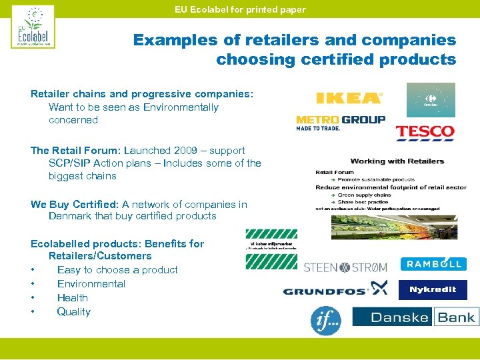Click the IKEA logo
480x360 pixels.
coord(349,98)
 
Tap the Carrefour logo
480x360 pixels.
coord(431,100)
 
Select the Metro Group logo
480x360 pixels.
coord(341,123)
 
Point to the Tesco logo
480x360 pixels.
coord(425,133)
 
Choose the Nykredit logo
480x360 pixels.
coord(433,290)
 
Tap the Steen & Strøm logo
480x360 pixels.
coord(345,267)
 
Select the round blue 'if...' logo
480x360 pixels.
coord(326,320)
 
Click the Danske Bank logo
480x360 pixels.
coord(415,317)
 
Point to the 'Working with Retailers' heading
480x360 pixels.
coord(397,161)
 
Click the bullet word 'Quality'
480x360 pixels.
coord(73,312)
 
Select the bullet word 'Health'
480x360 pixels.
coord(72,298)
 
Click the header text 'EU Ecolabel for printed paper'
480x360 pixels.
coord(240,9)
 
